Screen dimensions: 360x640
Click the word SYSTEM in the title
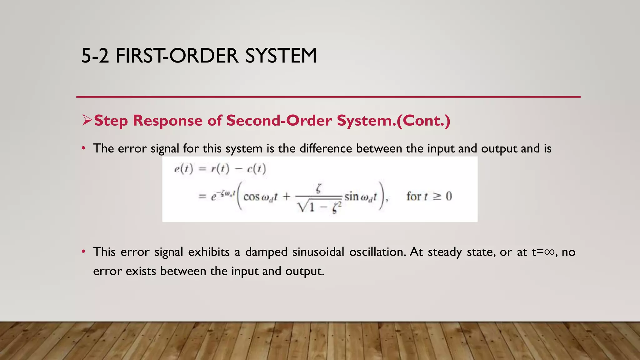[x=281, y=56]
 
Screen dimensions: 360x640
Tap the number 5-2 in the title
[x=95, y=56]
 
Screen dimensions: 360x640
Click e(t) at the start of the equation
[x=184, y=169]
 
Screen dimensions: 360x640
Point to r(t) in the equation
[x=220, y=169]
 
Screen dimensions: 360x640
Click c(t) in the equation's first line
[x=256, y=169]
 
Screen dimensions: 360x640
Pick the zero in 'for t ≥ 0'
[x=449, y=196]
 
